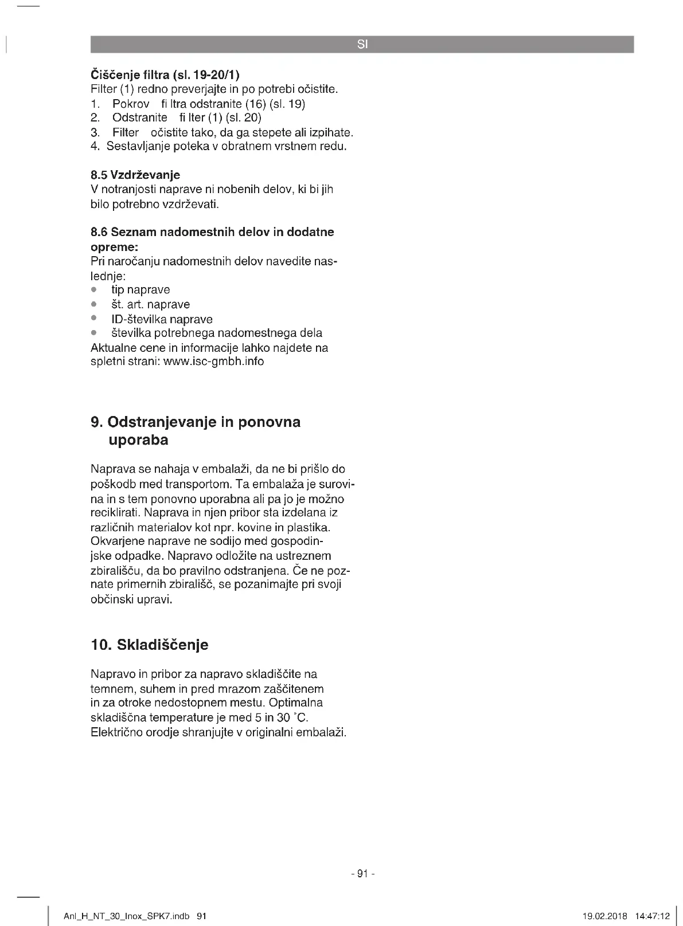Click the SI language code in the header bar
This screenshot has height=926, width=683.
coord(362,44)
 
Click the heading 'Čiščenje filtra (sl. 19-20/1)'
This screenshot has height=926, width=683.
coord(165,75)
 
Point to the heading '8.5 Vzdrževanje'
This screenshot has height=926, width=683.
coord(135,175)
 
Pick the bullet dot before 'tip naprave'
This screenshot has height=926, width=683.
coord(94,290)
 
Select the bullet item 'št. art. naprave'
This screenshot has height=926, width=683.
coord(150,304)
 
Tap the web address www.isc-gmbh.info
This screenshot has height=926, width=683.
coord(213,362)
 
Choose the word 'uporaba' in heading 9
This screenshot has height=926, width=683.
coord(138,440)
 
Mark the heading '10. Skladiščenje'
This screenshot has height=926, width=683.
coord(150,645)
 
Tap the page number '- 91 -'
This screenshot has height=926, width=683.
coord(362,874)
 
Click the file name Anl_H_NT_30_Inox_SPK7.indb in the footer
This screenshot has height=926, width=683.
coord(126,916)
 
